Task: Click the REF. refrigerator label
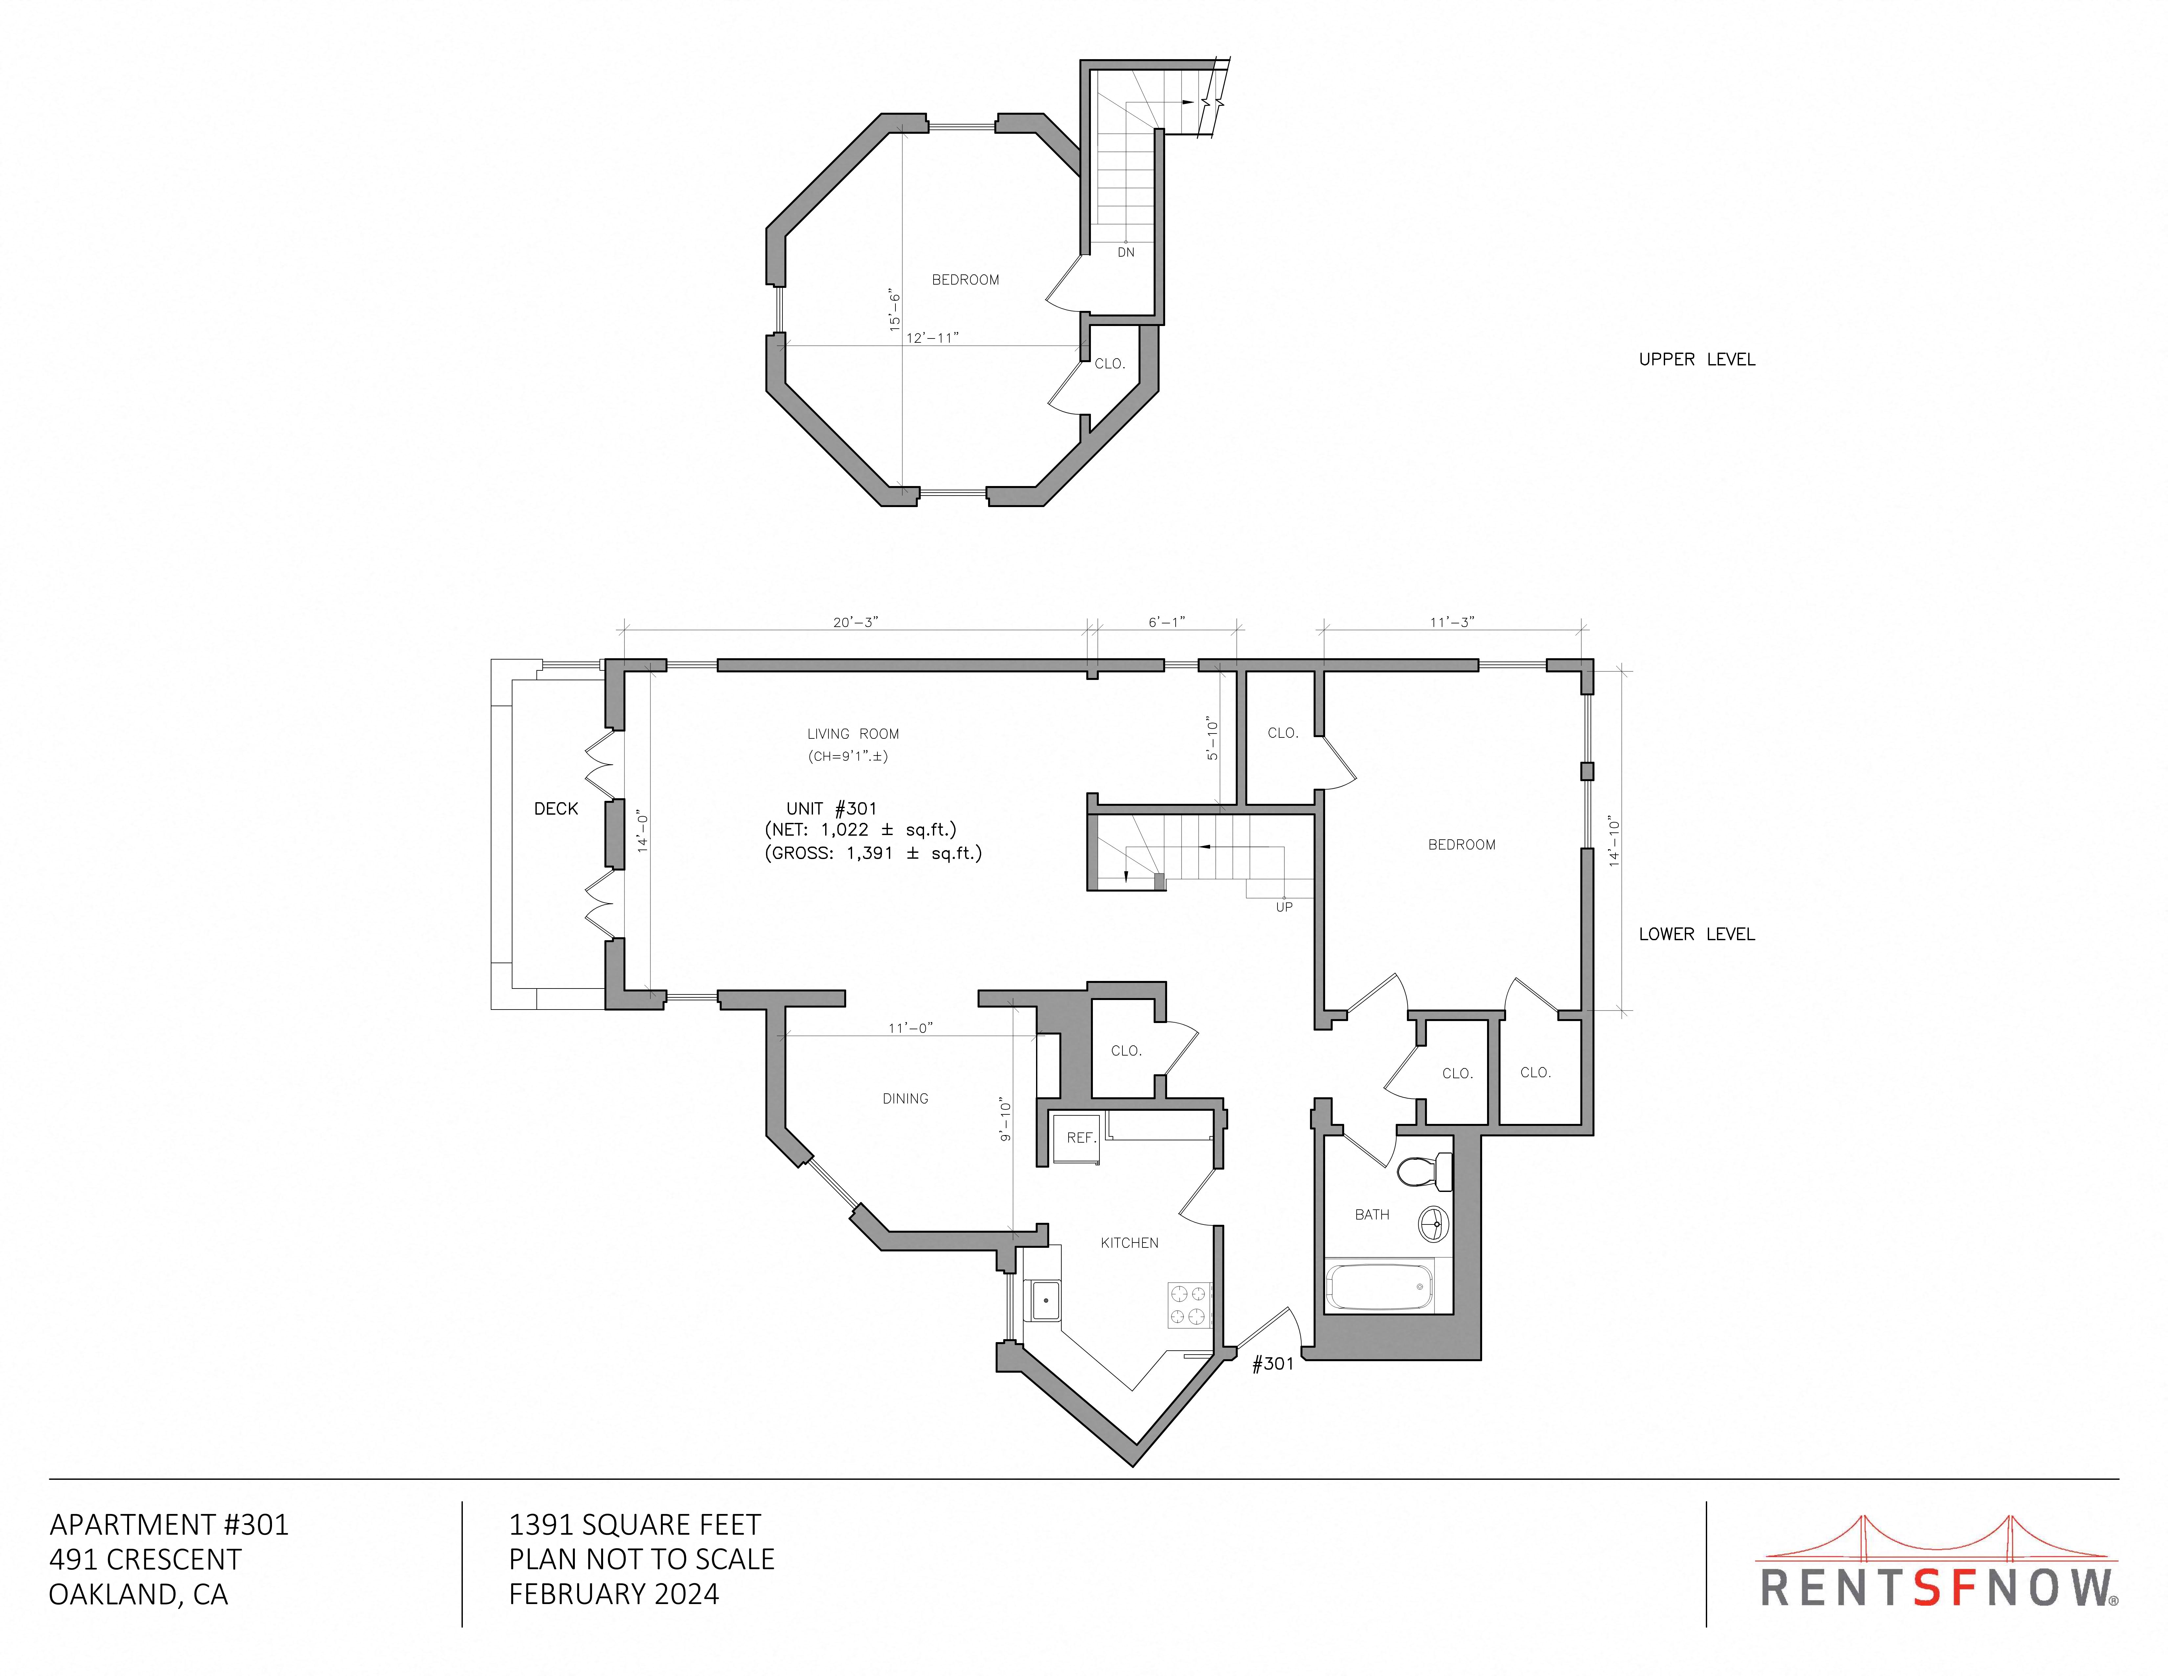(1081, 1138)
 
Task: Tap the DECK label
(556, 808)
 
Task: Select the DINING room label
(905, 1098)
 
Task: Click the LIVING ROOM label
(853, 734)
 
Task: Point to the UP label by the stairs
(1283, 906)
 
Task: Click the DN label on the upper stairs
(1126, 252)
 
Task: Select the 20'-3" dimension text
(856, 622)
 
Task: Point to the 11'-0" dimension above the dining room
(910, 1028)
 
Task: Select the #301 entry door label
(1273, 1363)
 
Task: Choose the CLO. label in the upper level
(1110, 363)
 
